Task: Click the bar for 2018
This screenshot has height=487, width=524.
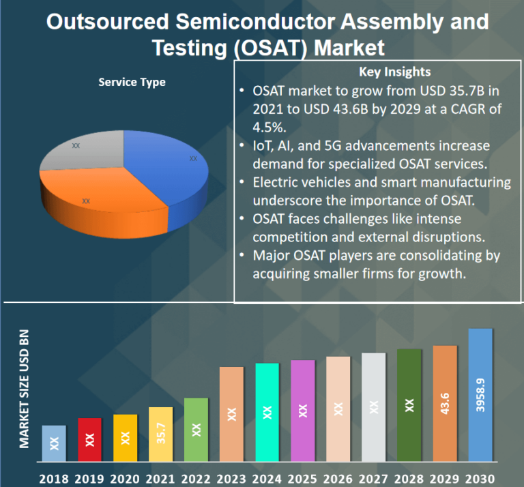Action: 54,443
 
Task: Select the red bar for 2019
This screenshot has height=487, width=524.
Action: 89,439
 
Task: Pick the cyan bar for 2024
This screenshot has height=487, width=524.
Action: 267,411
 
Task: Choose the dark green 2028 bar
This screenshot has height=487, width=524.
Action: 409,404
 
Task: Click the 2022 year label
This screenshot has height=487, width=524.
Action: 196,478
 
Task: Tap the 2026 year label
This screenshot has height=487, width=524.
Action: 338,478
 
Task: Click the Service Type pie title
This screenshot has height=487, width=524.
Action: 132,83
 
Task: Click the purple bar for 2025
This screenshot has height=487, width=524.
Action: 302,410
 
